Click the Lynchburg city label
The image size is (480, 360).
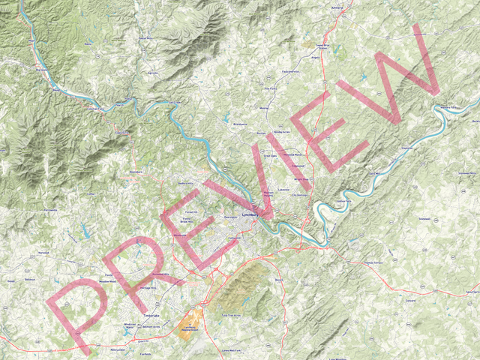(x=250, y=214)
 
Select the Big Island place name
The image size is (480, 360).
(x=41, y=69)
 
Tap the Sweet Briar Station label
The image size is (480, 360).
(x=322, y=46)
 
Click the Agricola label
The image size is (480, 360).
(x=153, y=73)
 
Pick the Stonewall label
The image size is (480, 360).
(x=424, y=218)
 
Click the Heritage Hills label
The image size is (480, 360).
(x=148, y=289)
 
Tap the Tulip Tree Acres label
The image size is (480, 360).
(x=235, y=316)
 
